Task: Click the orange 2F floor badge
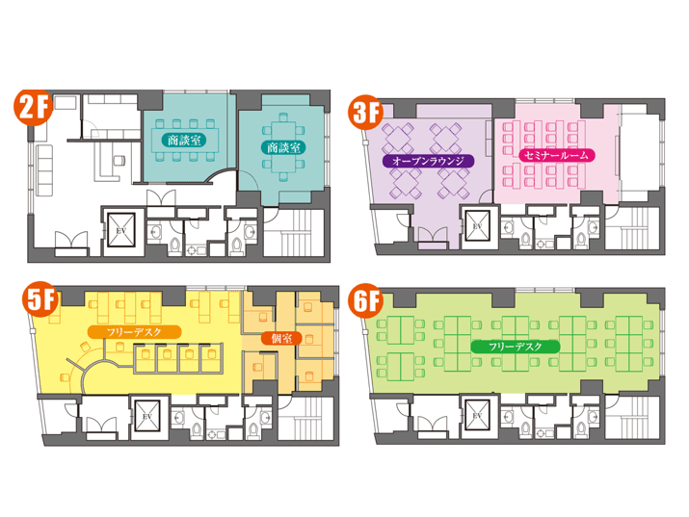click(34, 108)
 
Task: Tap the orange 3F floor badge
click(366, 113)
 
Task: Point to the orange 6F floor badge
click(365, 301)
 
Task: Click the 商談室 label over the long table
click(184, 141)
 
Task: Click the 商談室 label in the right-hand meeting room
click(284, 147)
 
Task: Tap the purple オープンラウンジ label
click(429, 161)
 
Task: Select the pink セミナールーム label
click(557, 155)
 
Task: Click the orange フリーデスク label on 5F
click(134, 332)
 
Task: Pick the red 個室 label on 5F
click(281, 338)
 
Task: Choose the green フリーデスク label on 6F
click(516, 347)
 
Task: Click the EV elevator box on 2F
click(120, 230)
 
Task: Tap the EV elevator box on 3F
click(477, 225)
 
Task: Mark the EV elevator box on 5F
click(146, 417)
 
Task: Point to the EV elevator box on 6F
click(477, 415)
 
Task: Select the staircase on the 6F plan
click(632, 416)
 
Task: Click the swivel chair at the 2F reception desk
click(119, 161)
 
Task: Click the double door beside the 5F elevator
click(101, 426)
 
